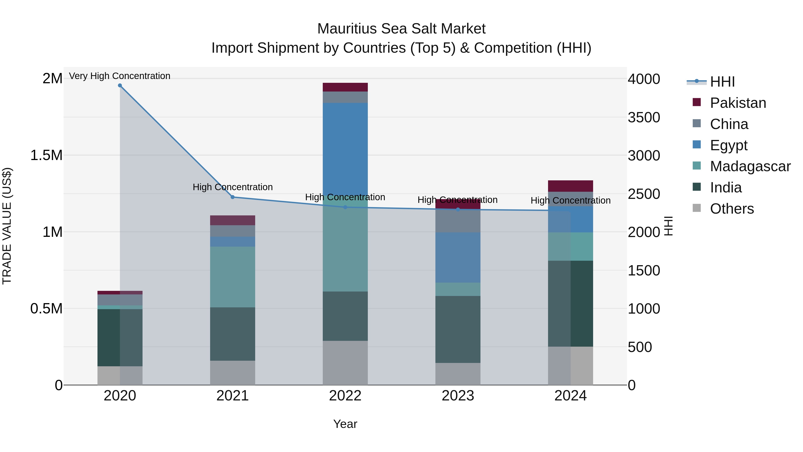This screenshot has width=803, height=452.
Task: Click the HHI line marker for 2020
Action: pos(120,85)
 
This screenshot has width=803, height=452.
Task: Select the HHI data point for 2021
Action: pos(233,197)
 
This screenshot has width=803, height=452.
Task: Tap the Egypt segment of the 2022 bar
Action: pos(345,149)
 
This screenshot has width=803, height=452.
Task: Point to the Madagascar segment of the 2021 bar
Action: pos(233,277)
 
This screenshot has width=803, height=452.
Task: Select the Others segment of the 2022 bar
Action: pos(345,363)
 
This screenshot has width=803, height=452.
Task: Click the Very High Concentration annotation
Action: pos(120,76)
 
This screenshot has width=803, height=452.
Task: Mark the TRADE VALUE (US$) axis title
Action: pos(7,226)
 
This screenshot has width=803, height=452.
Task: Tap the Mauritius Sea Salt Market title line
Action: pos(401,29)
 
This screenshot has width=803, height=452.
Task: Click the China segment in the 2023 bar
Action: pos(458,221)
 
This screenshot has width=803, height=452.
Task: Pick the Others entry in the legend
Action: pos(731,209)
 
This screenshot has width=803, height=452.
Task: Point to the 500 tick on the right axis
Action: pos(640,347)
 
